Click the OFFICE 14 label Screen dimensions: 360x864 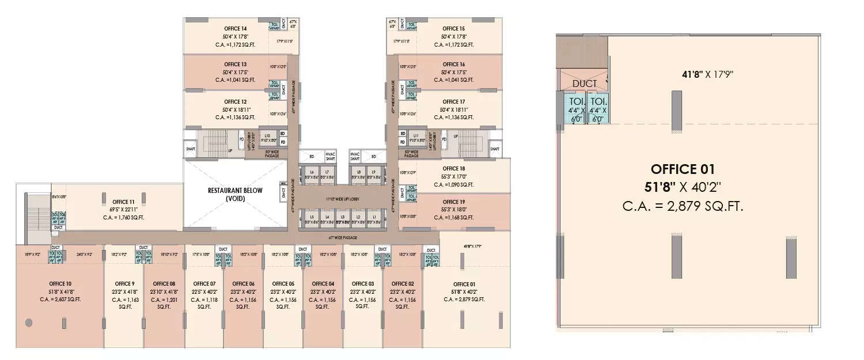pos(236,28)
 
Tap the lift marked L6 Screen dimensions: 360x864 pos(312,175)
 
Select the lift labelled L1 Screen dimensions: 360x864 pos(374,220)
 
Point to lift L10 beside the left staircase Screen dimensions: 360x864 pos(267,138)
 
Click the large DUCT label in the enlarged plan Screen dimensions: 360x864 pos(584,84)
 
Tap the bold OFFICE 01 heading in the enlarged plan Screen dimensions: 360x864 pos(683,169)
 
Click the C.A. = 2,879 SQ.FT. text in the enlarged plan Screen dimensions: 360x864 pos(683,206)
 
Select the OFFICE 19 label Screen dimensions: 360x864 pos(454,202)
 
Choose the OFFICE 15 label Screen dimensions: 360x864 pos(454,28)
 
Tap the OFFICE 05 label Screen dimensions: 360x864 pos(283,284)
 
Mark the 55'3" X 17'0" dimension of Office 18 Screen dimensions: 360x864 pos(454,176)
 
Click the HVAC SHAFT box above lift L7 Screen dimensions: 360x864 pos(330,156)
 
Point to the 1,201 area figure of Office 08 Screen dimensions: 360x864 pos(164,300)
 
